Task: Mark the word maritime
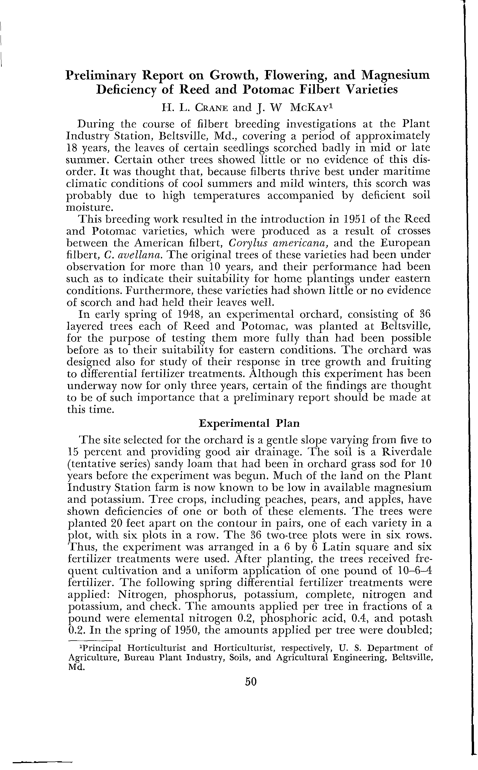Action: (410, 172)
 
